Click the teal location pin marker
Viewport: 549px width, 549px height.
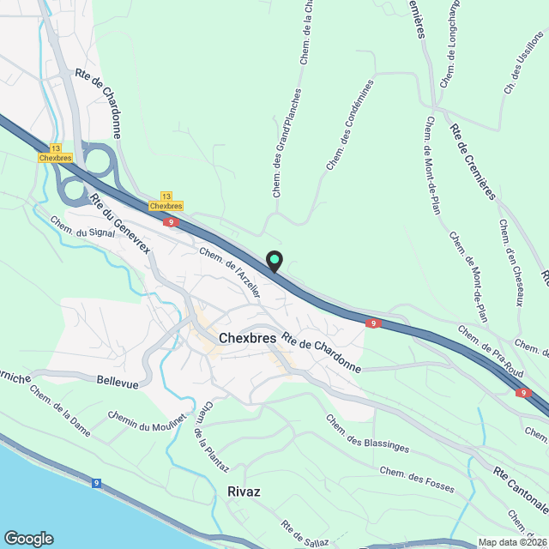(x=274, y=261)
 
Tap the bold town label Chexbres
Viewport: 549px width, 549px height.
(x=247, y=338)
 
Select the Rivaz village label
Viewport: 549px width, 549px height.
(x=244, y=492)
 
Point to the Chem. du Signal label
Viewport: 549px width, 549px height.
(x=81, y=227)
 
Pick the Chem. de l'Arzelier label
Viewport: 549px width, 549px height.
(x=229, y=273)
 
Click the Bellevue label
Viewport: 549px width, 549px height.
(x=118, y=382)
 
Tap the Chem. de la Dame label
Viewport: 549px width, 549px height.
(x=59, y=410)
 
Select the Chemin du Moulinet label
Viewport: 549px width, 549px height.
(x=147, y=422)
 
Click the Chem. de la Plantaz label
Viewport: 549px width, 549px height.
(x=211, y=437)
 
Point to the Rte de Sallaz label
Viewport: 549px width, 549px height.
(x=304, y=534)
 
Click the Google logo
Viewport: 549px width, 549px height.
(x=27, y=538)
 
